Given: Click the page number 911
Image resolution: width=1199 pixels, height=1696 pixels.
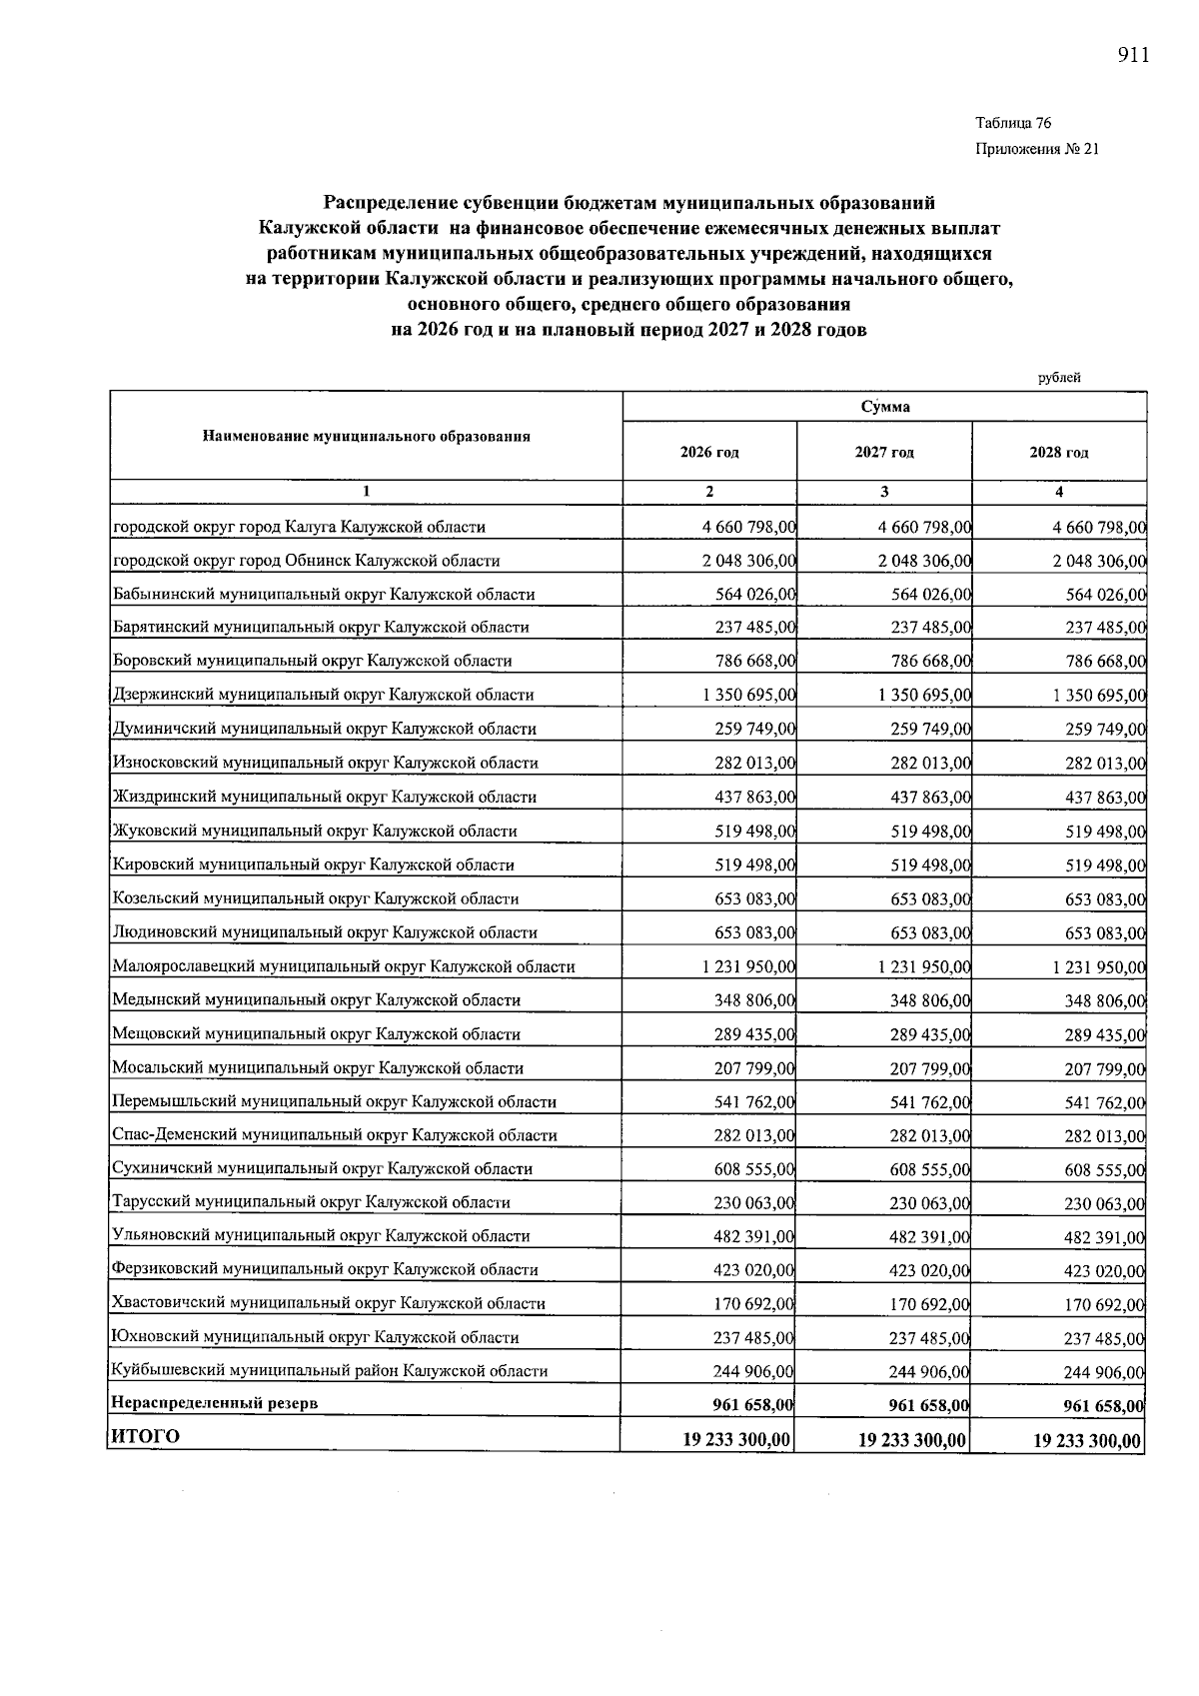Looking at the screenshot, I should point(1133,56).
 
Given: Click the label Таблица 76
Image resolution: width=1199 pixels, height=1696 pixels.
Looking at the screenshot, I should point(1013,123).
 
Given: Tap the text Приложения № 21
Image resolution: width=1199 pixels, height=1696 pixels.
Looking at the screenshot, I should point(1036,150).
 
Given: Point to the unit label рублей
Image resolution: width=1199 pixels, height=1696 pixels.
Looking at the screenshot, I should point(1059,378).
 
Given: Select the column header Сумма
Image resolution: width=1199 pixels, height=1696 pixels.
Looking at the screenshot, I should point(884,407).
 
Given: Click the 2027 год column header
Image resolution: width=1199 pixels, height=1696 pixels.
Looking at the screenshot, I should point(884,452).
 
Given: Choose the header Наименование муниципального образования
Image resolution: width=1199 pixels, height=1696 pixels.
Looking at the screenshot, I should point(366,437).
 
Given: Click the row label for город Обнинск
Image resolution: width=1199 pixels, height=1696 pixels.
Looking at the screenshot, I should point(307,561).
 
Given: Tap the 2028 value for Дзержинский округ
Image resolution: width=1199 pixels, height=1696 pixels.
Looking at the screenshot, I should point(1099,696).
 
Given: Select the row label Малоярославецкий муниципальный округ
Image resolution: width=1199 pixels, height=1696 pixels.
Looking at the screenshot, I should point(344,966).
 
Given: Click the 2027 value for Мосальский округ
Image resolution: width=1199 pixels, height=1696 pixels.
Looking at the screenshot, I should point(929,1068).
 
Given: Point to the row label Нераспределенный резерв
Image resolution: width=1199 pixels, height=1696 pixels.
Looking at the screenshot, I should point(215,1403).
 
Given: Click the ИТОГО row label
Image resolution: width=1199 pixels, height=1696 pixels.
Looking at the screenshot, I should point(146,1436).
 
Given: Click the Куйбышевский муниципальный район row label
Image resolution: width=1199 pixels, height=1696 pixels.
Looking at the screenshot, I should point(330,1371).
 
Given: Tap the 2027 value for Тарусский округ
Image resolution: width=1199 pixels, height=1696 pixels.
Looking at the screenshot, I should point(929,1203).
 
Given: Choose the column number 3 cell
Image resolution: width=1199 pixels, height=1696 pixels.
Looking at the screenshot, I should point(884,492).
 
